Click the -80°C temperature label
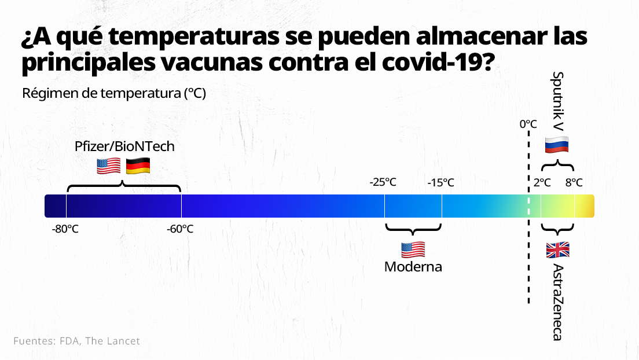[65, 229]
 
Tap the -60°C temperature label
[180, 229]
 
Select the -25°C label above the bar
[383, 183]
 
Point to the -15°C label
[440, 183]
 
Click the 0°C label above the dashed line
[528, 124]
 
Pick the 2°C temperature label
[542, 183]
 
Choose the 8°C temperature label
[574, 183]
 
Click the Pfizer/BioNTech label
[124, 146]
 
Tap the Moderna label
[413, 267]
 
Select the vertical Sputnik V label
[557, 100]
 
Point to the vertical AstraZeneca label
[557, 302]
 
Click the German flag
[138, 166]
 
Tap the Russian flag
[557, 145]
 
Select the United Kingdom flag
[558, 250]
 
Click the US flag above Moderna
[413, 249]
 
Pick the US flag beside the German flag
[109, 166]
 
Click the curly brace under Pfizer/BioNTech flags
[124, 186]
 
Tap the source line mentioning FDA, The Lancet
[76, 341]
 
